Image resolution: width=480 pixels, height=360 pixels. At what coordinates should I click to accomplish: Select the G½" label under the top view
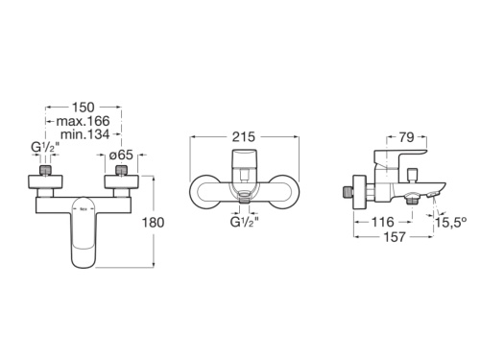click(244, 226)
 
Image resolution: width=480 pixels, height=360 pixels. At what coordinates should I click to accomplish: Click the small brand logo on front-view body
click(83, 204)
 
